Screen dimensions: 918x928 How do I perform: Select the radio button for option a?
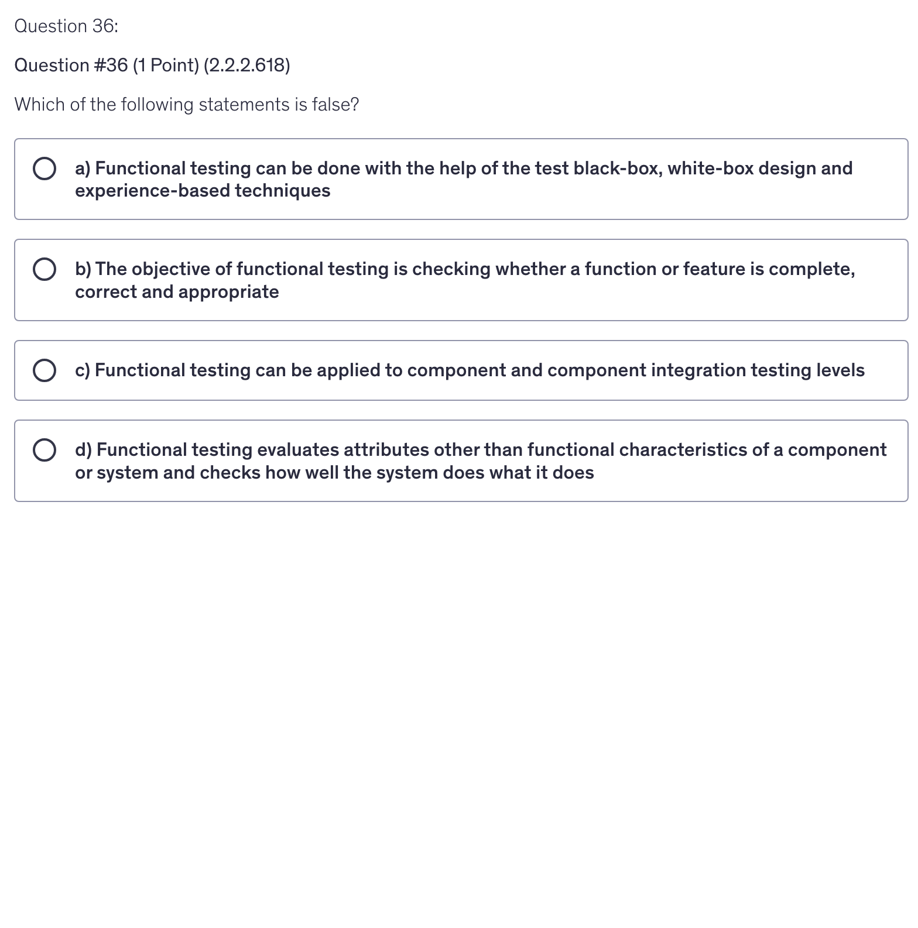point(44,169)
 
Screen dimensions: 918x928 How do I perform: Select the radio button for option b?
point(44,269)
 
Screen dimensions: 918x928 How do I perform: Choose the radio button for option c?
point(44,370)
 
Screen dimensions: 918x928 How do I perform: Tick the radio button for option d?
point(44,450)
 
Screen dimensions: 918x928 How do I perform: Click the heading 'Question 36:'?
point(66,26)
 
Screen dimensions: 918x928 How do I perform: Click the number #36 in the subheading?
point(111,66)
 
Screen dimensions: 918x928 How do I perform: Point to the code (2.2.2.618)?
point(246,66)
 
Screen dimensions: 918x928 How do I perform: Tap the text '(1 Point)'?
point(166,66)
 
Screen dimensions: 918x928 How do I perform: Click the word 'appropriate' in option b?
point(228,292)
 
